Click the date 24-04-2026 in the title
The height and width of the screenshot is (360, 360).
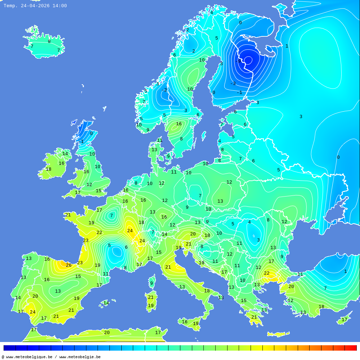(35, 6)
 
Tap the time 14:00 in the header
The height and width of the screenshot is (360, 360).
(59, 6)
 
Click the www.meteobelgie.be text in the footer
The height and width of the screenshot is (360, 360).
(80, 357)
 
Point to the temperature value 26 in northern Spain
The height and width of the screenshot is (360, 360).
(68, 265)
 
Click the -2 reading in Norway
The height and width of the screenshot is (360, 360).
(164, 90)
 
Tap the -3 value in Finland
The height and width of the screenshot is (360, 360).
(233, 84)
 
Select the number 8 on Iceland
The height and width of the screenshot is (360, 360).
(49, 41)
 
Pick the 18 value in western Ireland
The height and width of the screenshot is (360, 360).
(48, 169)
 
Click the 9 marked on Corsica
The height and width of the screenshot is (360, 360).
(152, 283)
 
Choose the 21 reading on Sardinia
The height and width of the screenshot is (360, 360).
(150, 297)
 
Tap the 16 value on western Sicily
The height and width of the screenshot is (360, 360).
(184, 322)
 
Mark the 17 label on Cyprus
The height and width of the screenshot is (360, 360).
(345, 320)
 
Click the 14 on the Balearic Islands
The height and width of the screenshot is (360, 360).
(106, 303)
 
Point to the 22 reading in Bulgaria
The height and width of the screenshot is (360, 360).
(266, 273)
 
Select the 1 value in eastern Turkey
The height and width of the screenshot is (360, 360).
(345, 271)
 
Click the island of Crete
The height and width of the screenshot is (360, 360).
(278, 334)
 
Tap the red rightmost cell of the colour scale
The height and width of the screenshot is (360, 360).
(350, 348)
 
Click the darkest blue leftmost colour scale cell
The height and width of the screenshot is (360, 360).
(9, 348)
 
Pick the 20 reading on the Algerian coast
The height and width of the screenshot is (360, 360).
(107, 333)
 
